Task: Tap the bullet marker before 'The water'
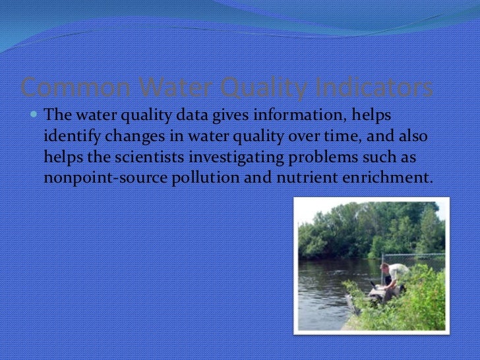click(x=34, y=115)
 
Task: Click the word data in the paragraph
click(x=195, y=115)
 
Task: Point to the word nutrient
click(x=298, y=178)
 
